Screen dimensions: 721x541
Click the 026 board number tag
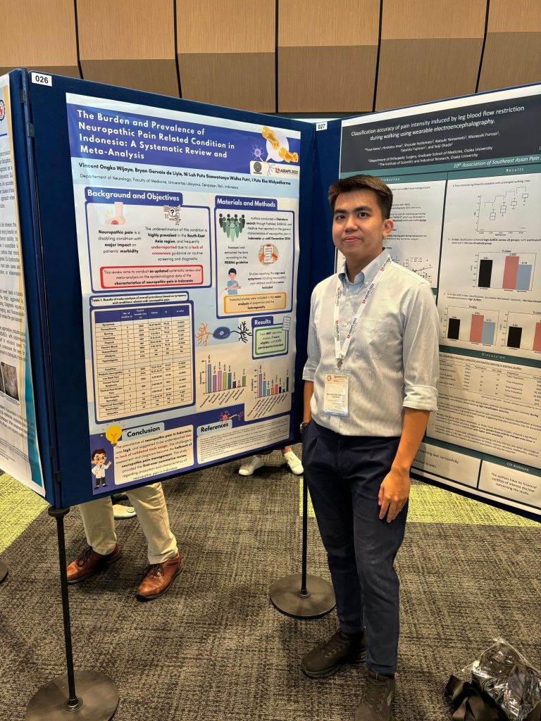coord(42,79)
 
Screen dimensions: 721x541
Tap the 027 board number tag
coord(321,126)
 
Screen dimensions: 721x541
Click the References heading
coord(214,427)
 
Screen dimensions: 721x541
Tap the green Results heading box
coord(263,321)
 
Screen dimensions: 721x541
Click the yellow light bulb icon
coord(113,433)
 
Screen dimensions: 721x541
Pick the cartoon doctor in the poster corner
coord(100,468)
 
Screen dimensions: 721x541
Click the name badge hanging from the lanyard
coord(335,394)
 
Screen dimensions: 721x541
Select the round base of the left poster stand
coord(73,697)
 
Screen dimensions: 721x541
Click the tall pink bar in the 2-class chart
coord(510,272)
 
